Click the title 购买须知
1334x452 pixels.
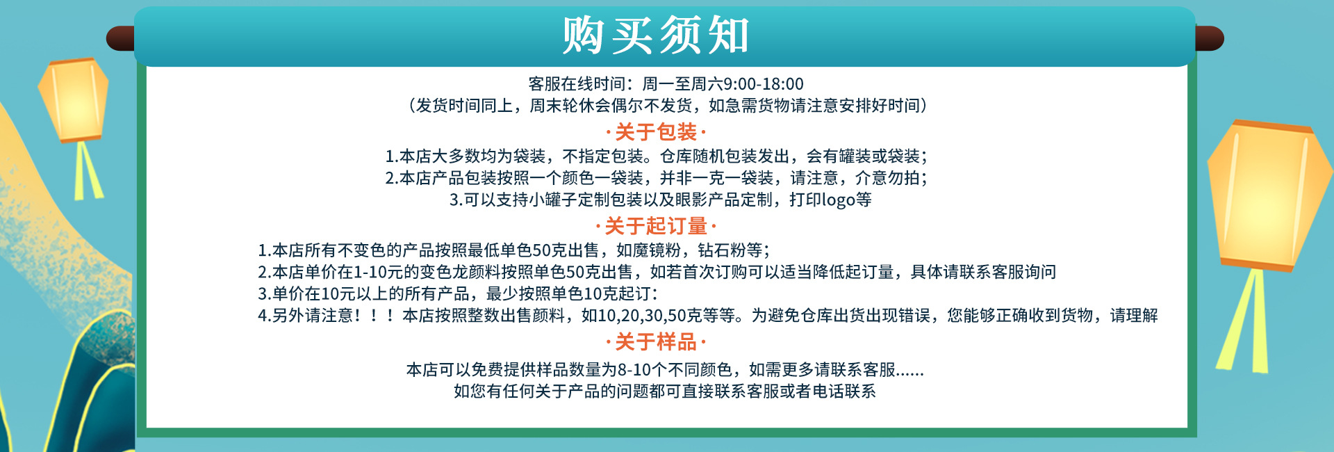point(656,35)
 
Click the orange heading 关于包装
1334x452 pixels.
point(656,132)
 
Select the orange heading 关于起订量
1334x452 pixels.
point(656,226)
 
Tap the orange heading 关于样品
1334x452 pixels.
point(656,342)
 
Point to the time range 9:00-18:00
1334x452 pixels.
point(764,84)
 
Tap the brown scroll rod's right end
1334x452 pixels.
point(1210,38)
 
